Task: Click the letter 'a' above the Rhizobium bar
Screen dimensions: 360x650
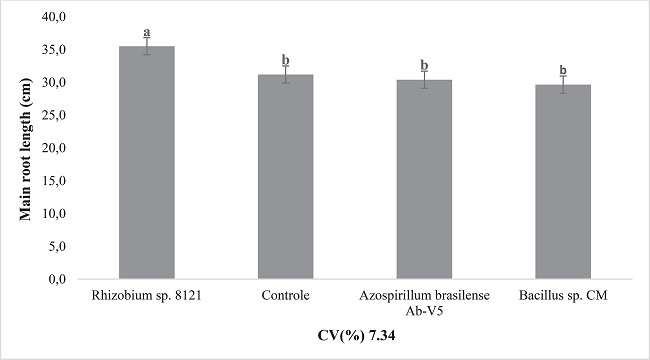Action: tap(146, 32)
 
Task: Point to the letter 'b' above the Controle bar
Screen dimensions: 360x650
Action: tap(285, 59)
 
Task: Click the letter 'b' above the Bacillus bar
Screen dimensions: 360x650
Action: tap(562, 70)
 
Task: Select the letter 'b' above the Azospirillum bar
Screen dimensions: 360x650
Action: tap(424, 64)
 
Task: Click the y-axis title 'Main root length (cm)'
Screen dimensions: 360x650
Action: tap(25, 148)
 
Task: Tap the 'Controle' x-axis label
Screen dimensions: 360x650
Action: tap(285, 296)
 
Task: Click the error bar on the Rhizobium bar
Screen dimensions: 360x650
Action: tap(146, 46)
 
